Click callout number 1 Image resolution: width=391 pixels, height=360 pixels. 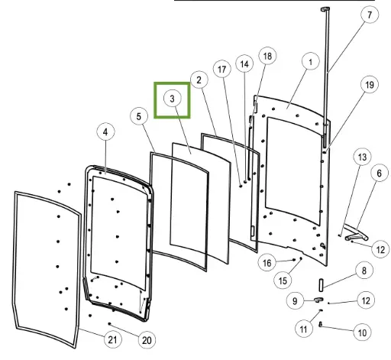click(310, 62)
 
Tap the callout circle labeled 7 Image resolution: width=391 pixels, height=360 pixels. click(370, 15)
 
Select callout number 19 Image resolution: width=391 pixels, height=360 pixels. click(370, 85)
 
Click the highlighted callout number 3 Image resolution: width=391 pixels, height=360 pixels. click(173, 99)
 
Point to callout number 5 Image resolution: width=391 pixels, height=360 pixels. click(139, 117)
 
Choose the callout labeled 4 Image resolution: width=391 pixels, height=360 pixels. click(105, 131)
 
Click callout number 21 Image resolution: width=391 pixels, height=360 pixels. click(112, 339)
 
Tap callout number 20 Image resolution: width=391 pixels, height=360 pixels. click(147, 340)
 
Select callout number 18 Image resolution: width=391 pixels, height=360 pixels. click(267, 56)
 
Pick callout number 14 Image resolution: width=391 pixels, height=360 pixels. click(244, 64)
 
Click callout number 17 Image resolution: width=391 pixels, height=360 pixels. click(222, 69)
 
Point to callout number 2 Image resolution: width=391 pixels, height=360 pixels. click(199, 80)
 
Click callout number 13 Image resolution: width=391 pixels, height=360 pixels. click(362, 157)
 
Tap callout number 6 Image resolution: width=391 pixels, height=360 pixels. click(380, 174)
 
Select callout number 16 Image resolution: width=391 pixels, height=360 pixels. click(267, 262)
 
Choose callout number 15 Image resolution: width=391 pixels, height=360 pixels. click(283, 281)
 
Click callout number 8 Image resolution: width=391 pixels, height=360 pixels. click(364, 271)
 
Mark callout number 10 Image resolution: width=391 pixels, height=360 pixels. click(362, 332)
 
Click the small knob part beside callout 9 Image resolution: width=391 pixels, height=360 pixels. click(318, 300)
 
